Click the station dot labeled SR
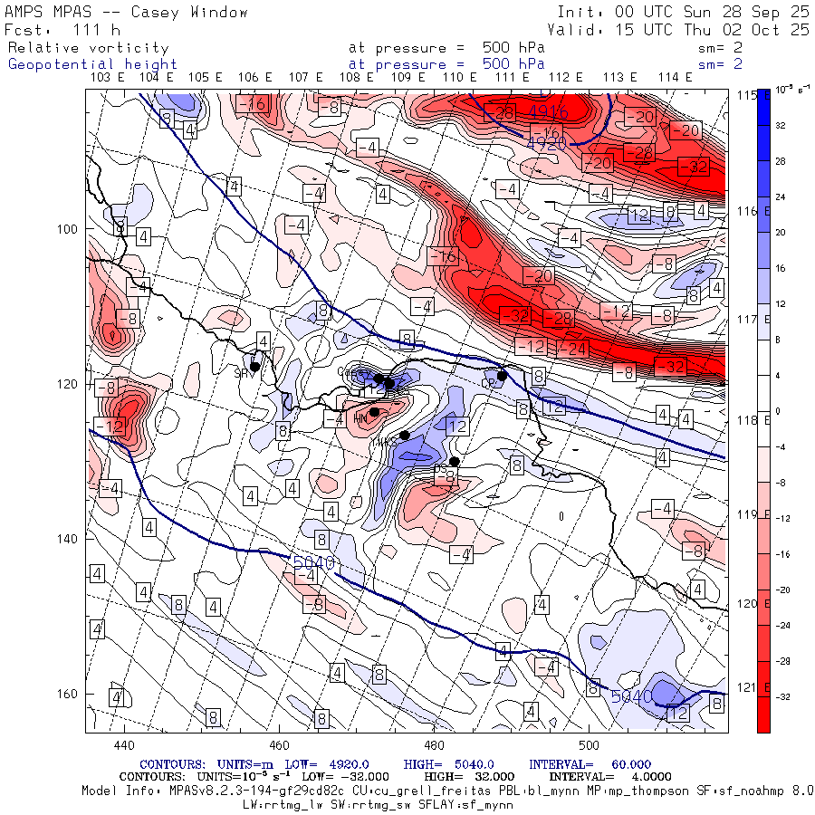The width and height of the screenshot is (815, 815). pos(255,367)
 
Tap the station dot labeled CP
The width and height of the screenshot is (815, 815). pos(502,375)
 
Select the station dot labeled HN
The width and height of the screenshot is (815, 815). pos(374,411)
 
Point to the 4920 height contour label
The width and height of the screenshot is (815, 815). pos(546,143)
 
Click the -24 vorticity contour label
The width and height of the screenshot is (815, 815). pos(573,348)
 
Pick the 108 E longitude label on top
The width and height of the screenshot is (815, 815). pos(356,78)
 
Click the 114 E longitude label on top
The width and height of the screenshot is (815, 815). pos(676,78)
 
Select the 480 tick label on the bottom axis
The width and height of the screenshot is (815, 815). pos(433,744)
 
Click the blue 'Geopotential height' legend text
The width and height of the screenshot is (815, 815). pos(92,64)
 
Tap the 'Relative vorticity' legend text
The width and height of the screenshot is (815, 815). pos(89,48)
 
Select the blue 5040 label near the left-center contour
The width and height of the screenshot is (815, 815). pos(313,563)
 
